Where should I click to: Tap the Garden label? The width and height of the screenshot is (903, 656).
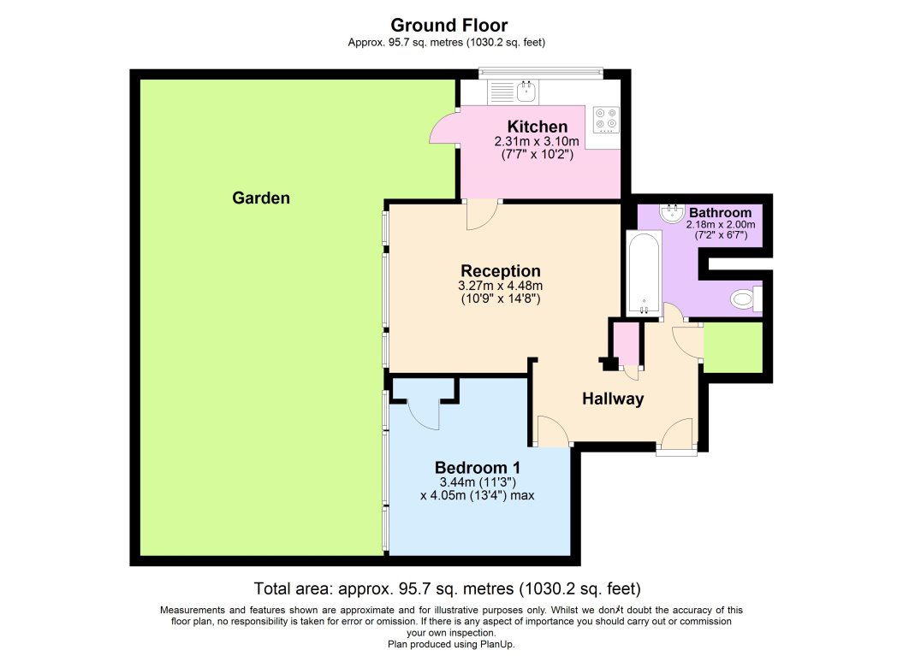coord(261,198)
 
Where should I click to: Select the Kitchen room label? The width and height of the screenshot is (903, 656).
coord(537,127)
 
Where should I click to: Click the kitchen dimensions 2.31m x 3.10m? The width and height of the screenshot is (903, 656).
coord(537,141)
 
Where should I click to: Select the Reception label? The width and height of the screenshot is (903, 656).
coord(500,271)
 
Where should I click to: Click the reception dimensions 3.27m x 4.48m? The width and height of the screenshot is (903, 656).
coord(500,286)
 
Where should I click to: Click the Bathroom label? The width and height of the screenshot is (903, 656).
coord(721,212)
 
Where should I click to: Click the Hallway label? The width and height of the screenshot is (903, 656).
coord(613,399)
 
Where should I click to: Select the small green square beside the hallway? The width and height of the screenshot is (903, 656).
coord(732,348)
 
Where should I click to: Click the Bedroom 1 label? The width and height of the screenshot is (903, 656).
coord(477,468)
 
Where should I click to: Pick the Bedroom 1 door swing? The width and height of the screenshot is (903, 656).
coord(424,415)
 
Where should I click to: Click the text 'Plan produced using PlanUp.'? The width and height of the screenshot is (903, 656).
coord(451,644)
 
